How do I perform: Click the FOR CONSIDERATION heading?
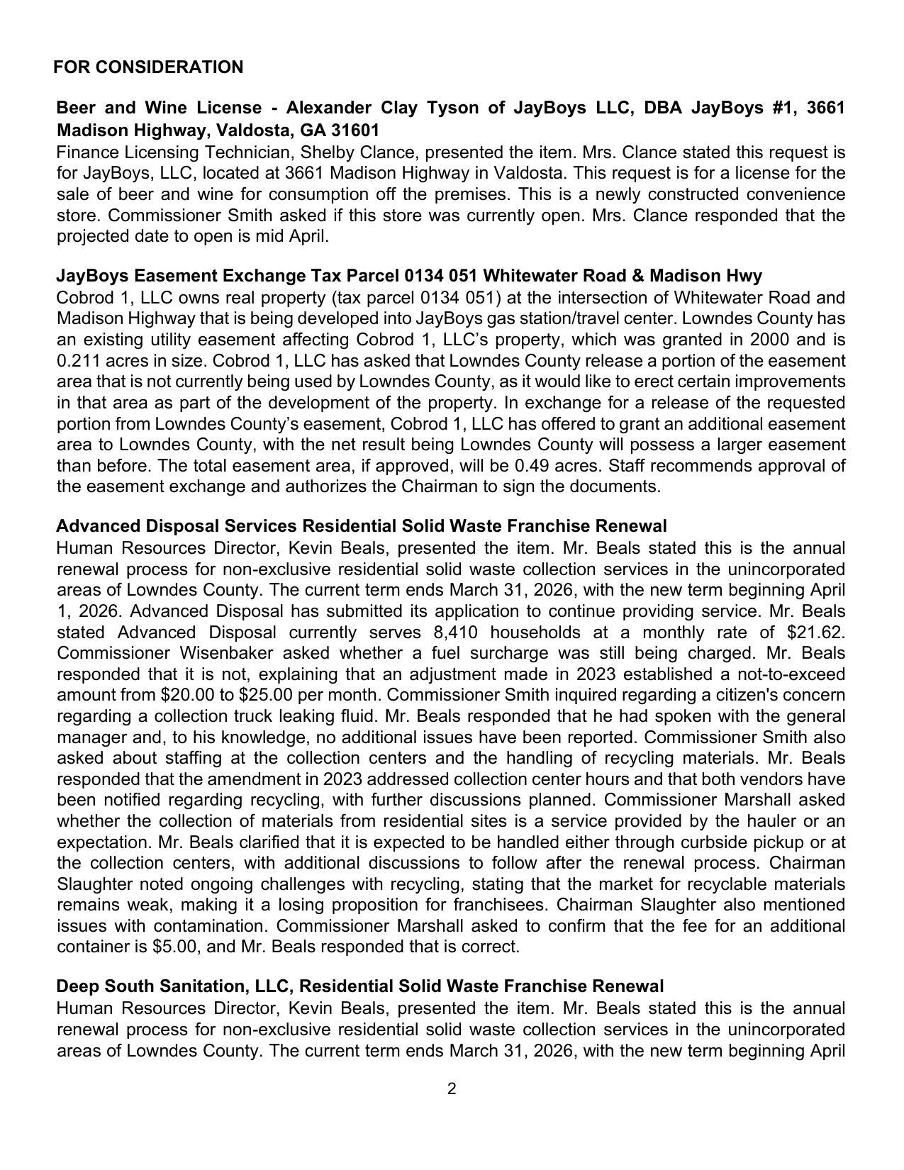click(147, 67)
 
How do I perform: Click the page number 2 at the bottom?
click(452, 1089)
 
